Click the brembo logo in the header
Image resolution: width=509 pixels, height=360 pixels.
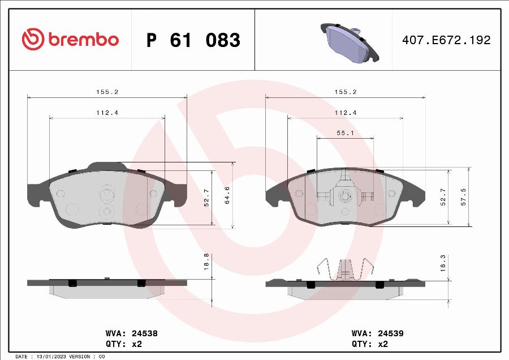click(x=70, y=39)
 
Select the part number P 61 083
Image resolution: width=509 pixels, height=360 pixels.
click(x=193, y=40)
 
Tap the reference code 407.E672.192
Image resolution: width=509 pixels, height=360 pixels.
click(x=446, y=40)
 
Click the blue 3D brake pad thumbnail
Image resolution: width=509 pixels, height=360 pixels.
click(x=350, y=42)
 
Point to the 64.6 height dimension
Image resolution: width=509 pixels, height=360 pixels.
click(x=227, y=195)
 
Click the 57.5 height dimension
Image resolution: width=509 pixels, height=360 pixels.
click(x=463, y=197)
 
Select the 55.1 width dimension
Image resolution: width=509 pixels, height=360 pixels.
click(x=345, y=133)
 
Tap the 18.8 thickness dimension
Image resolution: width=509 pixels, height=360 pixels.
click(x=206, y=262)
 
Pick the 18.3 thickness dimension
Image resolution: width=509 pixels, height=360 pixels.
click(x=443, y=263)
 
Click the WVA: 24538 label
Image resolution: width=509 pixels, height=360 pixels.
click(x=132, y=333)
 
